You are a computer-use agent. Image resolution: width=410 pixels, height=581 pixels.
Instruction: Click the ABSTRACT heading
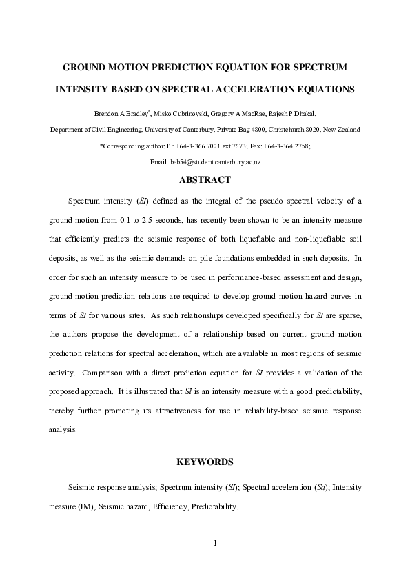point(205,180)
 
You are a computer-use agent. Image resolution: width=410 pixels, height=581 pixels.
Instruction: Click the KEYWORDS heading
point(205,462)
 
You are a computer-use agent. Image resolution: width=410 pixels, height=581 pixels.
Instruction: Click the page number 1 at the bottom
point(215,542)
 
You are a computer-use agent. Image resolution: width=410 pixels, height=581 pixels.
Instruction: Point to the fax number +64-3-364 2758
point(286,145)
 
